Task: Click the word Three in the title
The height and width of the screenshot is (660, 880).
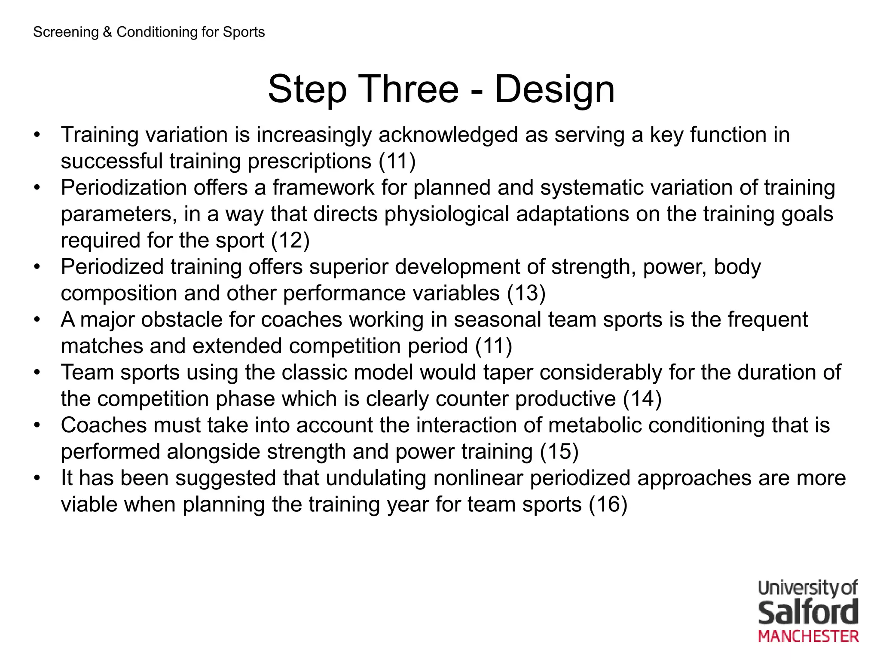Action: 410,89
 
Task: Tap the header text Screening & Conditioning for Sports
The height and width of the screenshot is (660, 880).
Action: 149,32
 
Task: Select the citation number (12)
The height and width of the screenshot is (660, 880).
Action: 290,240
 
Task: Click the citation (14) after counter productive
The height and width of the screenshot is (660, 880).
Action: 642,399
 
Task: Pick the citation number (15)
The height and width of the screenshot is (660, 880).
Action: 559,452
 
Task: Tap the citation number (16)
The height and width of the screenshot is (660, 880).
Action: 608,504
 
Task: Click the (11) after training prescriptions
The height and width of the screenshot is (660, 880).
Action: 397,161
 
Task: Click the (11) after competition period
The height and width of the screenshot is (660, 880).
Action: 494,346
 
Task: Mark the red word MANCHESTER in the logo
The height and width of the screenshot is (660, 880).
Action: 808,636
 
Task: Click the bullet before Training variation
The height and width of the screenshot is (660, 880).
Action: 37,135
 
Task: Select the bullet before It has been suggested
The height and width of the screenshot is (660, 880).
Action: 37,479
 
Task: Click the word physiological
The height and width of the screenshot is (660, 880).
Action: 446,214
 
